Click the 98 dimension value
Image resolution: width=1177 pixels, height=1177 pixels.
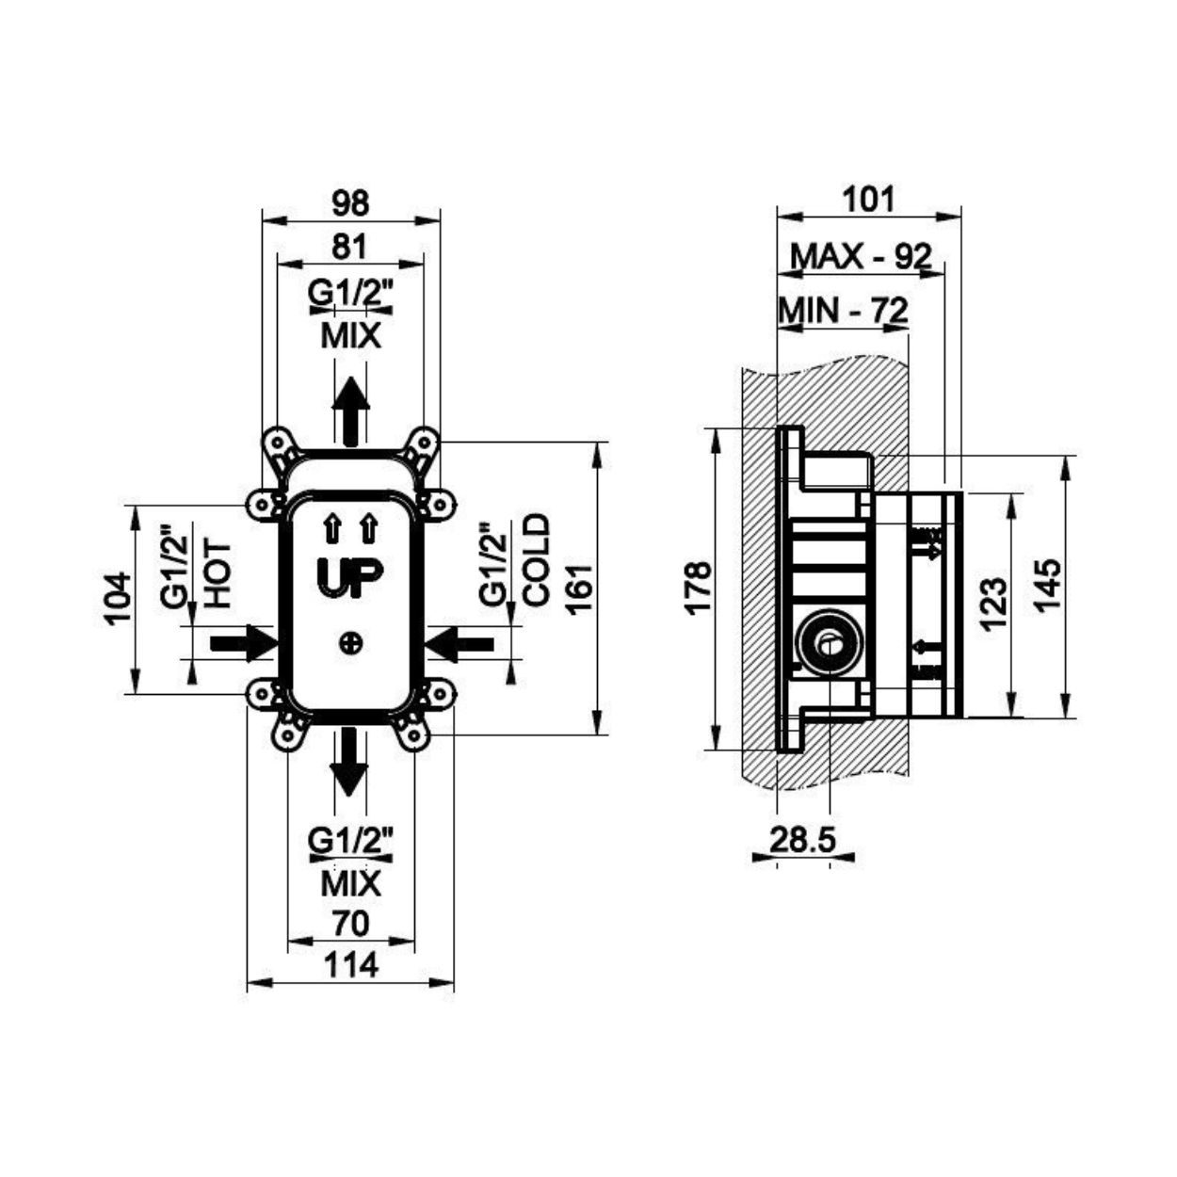pos(350,202)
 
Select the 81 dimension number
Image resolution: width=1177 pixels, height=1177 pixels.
pos(350,247)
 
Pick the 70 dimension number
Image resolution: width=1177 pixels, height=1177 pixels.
pos(350,923)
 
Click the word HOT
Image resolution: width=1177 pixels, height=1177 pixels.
pos(218,574)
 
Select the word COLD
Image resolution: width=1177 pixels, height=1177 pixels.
pos(537,560)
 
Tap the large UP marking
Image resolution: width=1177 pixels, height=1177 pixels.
pos(350,576)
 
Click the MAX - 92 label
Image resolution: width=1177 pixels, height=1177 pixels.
pos(862,257)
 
